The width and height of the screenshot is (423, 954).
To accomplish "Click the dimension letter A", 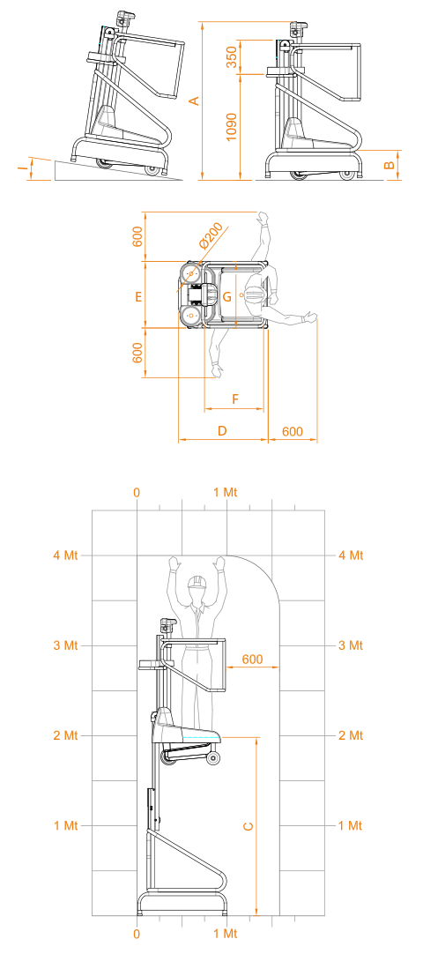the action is (x=194, y=101).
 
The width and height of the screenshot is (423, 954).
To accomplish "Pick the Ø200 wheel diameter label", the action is (x=211, y=236).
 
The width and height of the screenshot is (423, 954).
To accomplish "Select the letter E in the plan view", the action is (x=138, y=296).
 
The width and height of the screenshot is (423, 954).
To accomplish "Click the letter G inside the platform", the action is (x=226, y=297).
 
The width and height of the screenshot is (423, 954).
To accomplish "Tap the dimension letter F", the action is (x=235, y=399).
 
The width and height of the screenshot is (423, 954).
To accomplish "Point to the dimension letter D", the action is (x=222, y=431).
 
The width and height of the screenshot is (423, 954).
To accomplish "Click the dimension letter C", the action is (x=248, y=826).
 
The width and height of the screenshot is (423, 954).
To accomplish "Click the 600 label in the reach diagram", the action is (x=252, y=659).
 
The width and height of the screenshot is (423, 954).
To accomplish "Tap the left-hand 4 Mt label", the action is (x=65, y=555).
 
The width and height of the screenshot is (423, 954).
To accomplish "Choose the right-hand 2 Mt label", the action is (x=350, y=735).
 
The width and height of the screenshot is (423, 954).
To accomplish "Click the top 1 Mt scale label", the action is (x=226, y=492).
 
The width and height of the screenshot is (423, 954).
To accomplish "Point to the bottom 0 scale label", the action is (x=137, y=934).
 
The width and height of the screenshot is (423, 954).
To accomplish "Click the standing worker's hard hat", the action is (x=197, y=582).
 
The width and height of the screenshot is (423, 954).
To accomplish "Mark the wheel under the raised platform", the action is (x=213, y=758).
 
